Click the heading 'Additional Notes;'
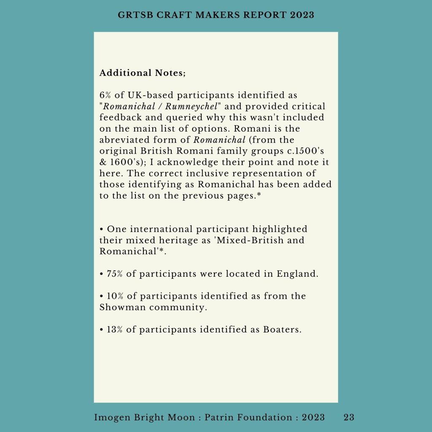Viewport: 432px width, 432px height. tap(142, 73)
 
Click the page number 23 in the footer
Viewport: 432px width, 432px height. tap(349, 418)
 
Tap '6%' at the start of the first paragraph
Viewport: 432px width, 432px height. tap(105, 96)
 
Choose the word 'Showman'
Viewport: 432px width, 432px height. tap(120, 307)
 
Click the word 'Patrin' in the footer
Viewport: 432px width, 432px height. tap(219, 418)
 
